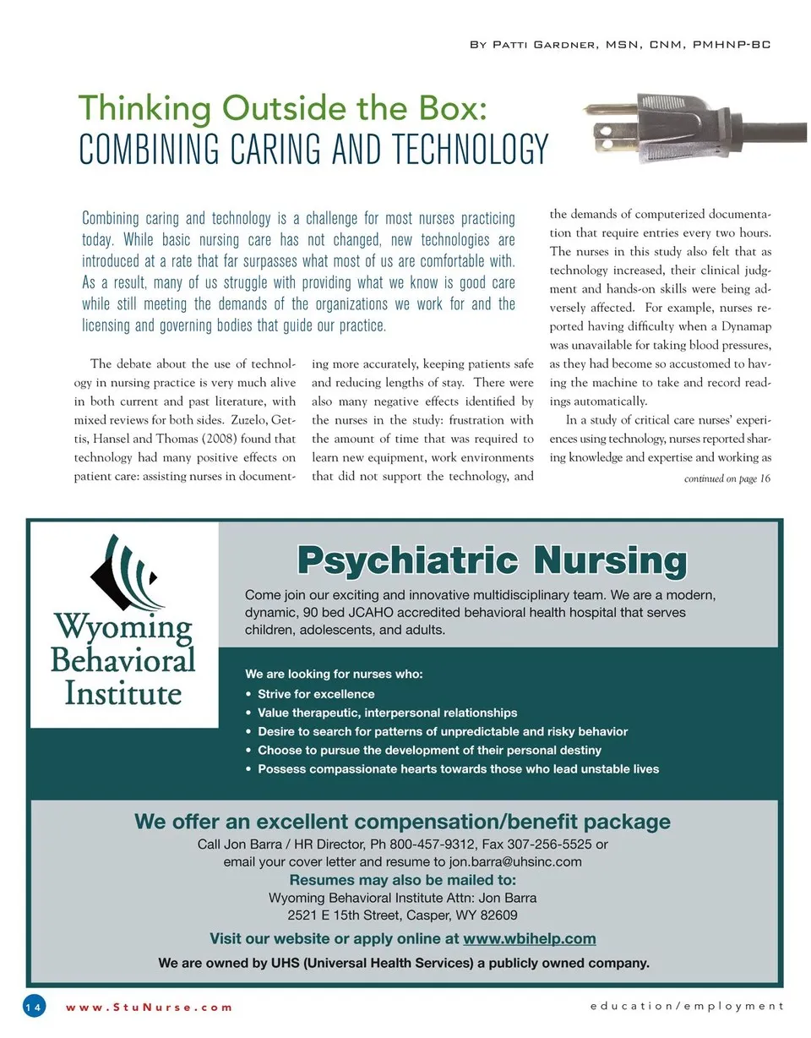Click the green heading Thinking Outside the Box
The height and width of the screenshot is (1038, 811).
tap(282, 109)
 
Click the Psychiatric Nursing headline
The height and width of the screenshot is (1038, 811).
tap(492, 561)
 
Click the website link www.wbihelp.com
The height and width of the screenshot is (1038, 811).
tap(529, 938)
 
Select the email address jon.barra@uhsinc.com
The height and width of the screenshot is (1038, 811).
tap(515, 862)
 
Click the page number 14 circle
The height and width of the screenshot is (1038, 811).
tap(34, 1007)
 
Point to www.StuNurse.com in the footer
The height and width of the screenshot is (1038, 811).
tap(149, 1007)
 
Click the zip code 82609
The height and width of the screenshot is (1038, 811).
tap(499, 915)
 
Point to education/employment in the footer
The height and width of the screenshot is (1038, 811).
tap(687, 1006)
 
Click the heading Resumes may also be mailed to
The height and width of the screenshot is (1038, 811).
tap(402, 880)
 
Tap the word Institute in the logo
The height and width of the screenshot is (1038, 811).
tap(123, 694)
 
